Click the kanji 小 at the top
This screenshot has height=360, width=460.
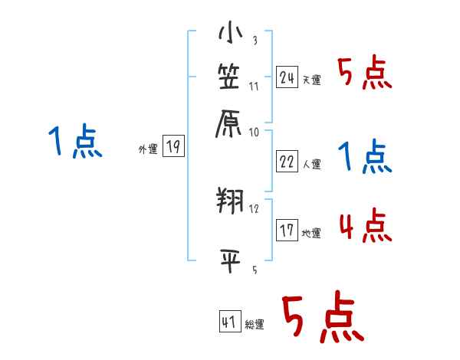pyautogui.click(x=229, y=34)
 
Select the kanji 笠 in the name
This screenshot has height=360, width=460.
pyautogui.click(x=229, y=77)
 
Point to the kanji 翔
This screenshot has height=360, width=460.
pyautogui.click(x=229, y=201)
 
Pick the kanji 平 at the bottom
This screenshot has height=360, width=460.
pyautogui.click(x=229, y=260)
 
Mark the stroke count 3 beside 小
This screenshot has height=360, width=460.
pyautogui.click(x=254, y=41)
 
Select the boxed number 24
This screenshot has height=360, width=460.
pyautogui.click(x=287, y=77)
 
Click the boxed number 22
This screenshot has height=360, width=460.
pyautogui.click(x=287, y=162)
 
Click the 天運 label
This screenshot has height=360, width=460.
pyautogui.click(x=311, y=80)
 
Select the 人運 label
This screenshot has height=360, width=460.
pyautogui.click(x=311, y=164)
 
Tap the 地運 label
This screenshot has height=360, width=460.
pyautogui.click(x=311, y=234)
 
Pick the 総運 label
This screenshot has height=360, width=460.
pyautogui.click(x=255, y=325)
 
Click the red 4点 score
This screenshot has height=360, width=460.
pyautogui.click(x=365, y=227)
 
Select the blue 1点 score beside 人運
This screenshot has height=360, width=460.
pyautogui.click(x=365, y=157)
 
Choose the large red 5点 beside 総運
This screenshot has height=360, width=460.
pyautogui.click(x=322, y=318)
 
